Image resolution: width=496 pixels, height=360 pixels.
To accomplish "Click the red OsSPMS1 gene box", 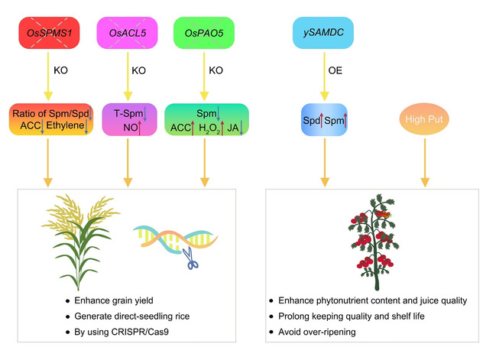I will pyautogui.click(x=46, y=34).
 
